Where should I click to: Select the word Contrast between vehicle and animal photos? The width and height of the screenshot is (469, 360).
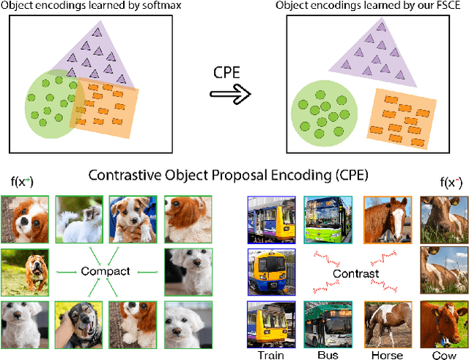coord(355,274)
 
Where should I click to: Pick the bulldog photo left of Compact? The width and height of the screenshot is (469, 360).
coord(24,271)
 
